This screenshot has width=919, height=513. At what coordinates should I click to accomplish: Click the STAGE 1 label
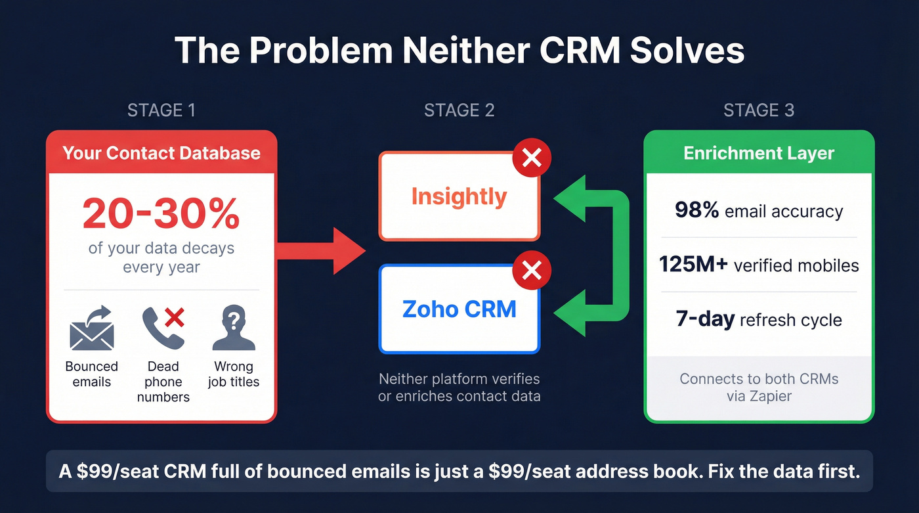(x=161, y=110)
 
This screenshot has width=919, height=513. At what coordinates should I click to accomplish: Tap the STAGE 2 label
(x=460, y=110)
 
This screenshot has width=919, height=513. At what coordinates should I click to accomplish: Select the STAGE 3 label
(x=759, y=110)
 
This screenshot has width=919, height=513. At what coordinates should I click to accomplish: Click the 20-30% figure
(x=161, y=213)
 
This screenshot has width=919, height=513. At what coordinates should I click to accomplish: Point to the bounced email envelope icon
(x=92, y=330)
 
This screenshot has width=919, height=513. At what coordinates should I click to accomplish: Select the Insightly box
(x=459, y=196)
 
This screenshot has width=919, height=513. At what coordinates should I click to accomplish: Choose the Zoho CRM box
(x=459, y=309)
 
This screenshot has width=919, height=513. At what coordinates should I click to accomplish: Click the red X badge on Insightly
(x=532, y=158)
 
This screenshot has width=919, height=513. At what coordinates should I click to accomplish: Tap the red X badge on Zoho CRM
(x=532, y=270)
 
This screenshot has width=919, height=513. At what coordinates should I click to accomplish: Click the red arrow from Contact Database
(x=322, y=250)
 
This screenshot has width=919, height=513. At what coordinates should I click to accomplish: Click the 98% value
(x=696, y=211)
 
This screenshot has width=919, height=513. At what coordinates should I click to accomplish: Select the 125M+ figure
(x=693, y=265)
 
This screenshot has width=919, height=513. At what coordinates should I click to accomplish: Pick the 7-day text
(x=704, y=320)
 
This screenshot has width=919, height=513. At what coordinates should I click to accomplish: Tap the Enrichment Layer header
(x=759, y=153)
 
